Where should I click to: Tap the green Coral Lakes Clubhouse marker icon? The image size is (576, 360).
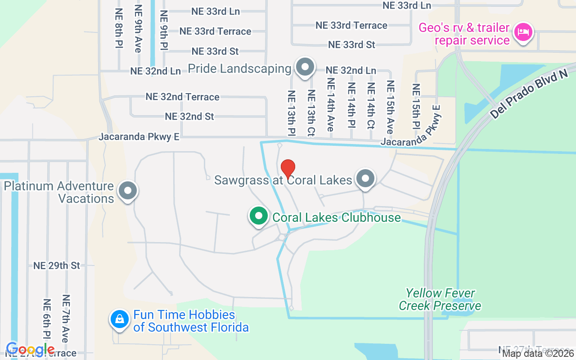pyautogui.click(x=258, y=216)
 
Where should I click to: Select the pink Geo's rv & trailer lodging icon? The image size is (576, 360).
pyautogui.click(x=523, y=32)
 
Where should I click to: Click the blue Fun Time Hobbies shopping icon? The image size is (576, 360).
pyautogui.click(x=119, y=319)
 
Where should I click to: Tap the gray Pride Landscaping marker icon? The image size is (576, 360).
pyautogui.click(x=305, y=67)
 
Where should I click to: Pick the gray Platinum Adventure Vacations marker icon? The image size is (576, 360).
pyautogui.click(x=128, y=191)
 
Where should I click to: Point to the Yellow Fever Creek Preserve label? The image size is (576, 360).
pyautogui.click(x=440, y=300)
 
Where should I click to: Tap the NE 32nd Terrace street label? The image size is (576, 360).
pyautogui.click(x=182, y=97)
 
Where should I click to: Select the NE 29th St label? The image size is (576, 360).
pyautogui.click(x=57, y=265)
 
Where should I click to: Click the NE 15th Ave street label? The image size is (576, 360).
pyautogui.click(x=390, y=107)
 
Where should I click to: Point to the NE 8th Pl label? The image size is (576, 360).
pyautogui.click(x=119, y=28)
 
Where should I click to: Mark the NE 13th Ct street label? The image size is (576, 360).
pyautogui.click(x=311, y=113)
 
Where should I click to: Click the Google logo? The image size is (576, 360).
pyautogui.click(x=30, y=350)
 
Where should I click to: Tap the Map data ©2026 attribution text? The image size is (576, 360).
pyautogui.click(x=538, y=354)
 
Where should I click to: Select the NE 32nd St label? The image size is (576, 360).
pyautogui.click(x=189, y=116)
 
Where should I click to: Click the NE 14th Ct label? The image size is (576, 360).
pyautogui.click(x=371, y=106)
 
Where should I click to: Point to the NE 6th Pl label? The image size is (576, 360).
pyautogui.click(x=47, y=319)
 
